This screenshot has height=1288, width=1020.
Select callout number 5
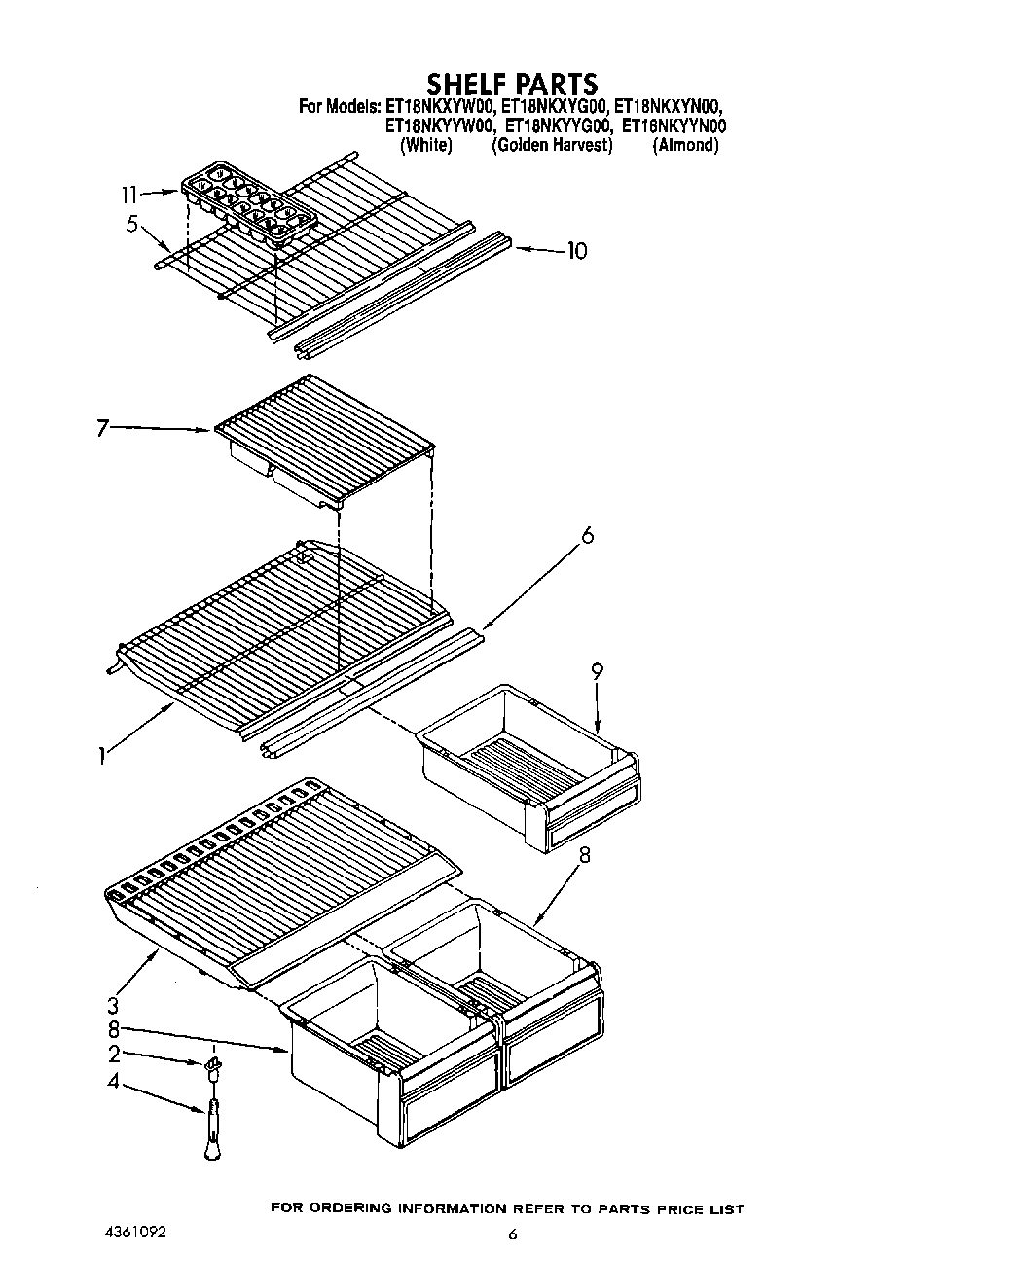[x=131, y=224]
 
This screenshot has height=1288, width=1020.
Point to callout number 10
[x=576, y=251]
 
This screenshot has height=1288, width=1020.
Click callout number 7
[x=102, y=428]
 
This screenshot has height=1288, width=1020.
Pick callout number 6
[x=587, y=536]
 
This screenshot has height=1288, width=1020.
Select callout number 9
[x=597, y=670]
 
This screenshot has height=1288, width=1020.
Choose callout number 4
[x=113, y=1080]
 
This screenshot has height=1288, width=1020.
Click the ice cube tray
[x=248, y=202]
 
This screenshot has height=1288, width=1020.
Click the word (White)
[x=426, y=145]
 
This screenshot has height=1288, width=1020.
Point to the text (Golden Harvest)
[x=552, y=145]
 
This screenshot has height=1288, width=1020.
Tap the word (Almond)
[x=686, y=145]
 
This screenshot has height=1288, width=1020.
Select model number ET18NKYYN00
[x=674, y=125]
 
